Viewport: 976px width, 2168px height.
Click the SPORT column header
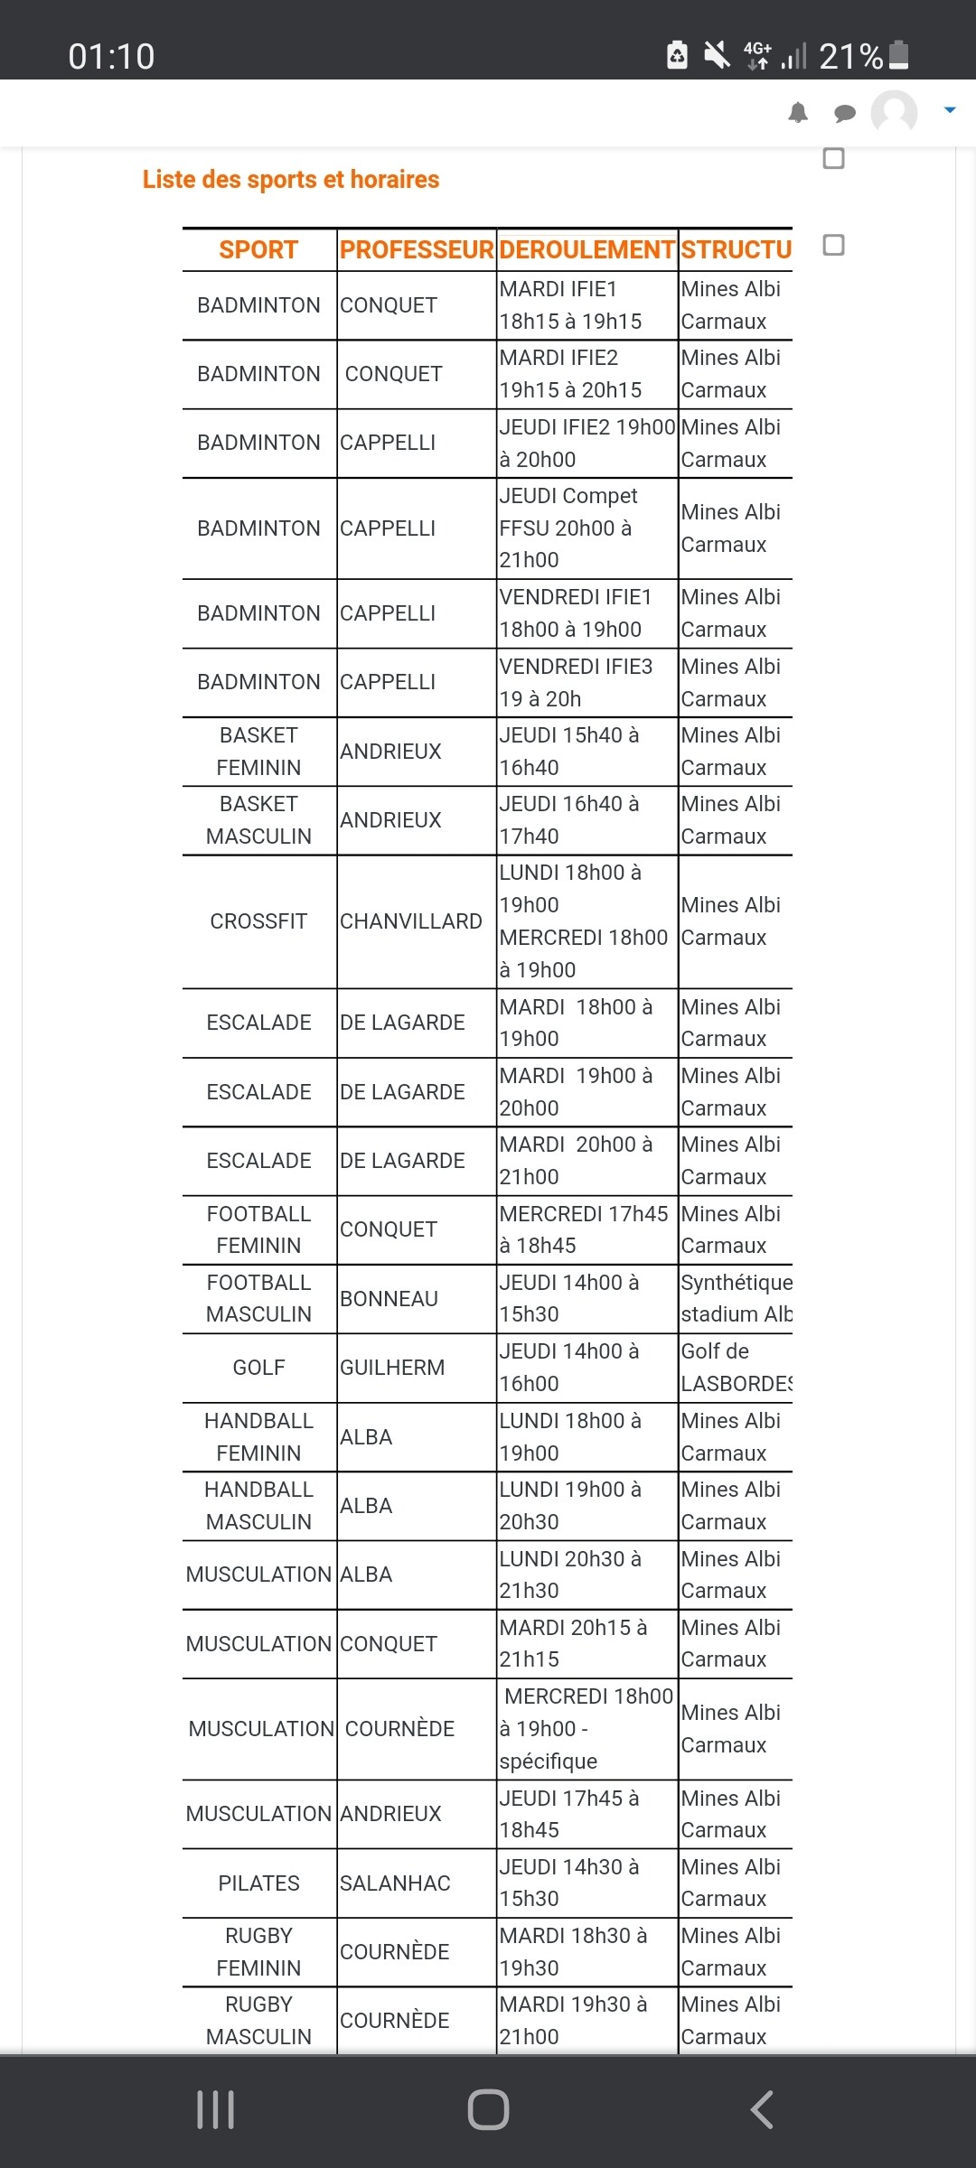tap(258, 250)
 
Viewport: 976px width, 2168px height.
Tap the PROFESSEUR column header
tap(417, 250)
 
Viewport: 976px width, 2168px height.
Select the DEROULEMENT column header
tap(587, 250)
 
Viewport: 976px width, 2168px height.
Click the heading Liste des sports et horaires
tap(291, 180)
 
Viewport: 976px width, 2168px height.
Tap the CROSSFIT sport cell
tap(258, 921)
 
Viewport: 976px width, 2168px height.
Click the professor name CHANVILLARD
tap(411, 921)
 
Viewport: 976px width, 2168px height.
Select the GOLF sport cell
tap(258, 1368)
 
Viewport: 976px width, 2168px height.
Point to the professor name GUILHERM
tap(392, 1368)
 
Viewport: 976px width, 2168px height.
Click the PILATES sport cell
tap(258, 1883)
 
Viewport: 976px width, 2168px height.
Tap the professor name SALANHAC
tap(395, 1883)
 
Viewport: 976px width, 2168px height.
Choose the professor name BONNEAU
tap(389, 1299)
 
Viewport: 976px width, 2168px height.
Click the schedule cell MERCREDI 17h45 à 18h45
tap(584, 1229)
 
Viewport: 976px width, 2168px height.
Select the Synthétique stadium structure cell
tap(736, 1299)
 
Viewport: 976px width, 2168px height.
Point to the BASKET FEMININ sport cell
tap(258, 752)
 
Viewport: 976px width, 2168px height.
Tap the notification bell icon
tap(798, 113)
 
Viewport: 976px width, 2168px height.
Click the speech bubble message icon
tap(845, 113)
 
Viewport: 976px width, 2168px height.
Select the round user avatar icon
tap(894, 113)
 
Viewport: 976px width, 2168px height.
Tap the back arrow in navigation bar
tap(762, 2110)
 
